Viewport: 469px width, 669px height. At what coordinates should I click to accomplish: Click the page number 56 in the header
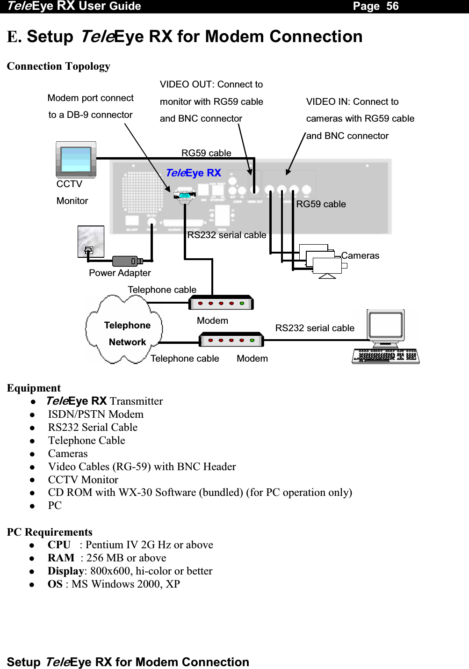pos(392,6)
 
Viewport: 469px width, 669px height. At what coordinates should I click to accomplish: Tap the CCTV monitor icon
pos(76,160)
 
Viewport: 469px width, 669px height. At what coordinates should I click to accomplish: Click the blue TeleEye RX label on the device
pos(194,173)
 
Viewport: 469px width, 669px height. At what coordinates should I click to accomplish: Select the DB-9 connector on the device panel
pos(185,196)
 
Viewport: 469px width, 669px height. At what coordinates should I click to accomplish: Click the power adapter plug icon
pos(127,261)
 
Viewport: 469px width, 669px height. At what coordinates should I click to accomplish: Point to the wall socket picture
pos(91,241)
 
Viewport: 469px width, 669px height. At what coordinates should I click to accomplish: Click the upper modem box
pos(221,303)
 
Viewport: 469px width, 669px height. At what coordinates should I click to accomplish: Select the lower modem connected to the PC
pos(231,340)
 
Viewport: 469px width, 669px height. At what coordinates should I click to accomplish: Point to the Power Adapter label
pos(120,273)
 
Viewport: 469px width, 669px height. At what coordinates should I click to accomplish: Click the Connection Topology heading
pos(58,66)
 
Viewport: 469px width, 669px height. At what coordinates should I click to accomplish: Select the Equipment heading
pos(34,388)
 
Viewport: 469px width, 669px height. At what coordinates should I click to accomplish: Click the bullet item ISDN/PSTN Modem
pos(95,414)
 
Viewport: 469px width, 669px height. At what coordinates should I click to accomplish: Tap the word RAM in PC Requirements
pos(61,558)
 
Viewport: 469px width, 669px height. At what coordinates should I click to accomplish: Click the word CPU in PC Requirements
pos(59,545)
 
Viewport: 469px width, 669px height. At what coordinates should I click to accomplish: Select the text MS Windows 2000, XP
pos(125,584)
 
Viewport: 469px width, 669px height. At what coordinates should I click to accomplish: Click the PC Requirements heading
pos(50,532)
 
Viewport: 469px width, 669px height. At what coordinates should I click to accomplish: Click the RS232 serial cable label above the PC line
pos(315,328)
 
